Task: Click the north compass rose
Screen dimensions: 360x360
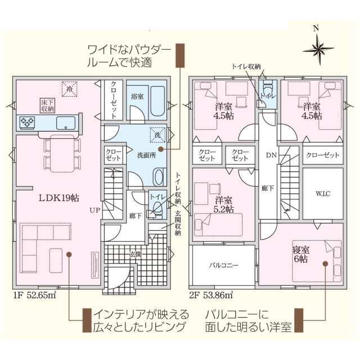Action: pyautogui.click(x=318, y=49)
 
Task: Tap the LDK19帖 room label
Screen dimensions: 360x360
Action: pyautogui.click(x=59, y=197)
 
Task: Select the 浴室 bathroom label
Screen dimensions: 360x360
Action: pyautogui.click(x=137, y=96)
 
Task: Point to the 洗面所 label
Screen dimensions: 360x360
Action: pyautogui.click(x=146, y=155)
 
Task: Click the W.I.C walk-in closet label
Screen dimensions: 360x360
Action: pyautogui.click(x=323, y=193)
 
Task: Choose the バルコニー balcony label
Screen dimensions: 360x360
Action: pyautogui.click(x=224, y=265)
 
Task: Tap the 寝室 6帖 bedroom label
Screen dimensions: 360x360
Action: pyautogui.click(x=301, y=254)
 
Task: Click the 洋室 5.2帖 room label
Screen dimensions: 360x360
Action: pyautogui.click(x=224, y=205)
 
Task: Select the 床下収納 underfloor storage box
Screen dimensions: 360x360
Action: pyautogui.click(x=48, y=105)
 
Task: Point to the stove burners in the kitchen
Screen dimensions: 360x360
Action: pyautogui.click(x=27, y=122)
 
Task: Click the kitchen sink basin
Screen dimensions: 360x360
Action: pyautogui.click(x=66, y=123)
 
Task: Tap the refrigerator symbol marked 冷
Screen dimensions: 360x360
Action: pyautogui.click(x=70, y=89)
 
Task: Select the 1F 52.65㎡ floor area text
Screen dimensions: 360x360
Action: pyautogui.click(x=34, y=295)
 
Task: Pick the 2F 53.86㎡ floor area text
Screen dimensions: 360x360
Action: pyautogui.click(x=211, y=295)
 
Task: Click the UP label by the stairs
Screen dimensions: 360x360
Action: pyautogui.click(x=95, y=210)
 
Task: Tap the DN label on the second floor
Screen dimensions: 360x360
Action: pyautogui.click(x=271, y=155)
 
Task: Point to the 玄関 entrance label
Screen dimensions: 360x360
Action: pyautogui.click(x=135, y=254)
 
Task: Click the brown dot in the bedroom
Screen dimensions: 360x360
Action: pyautogui.click(x=325, y=264)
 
